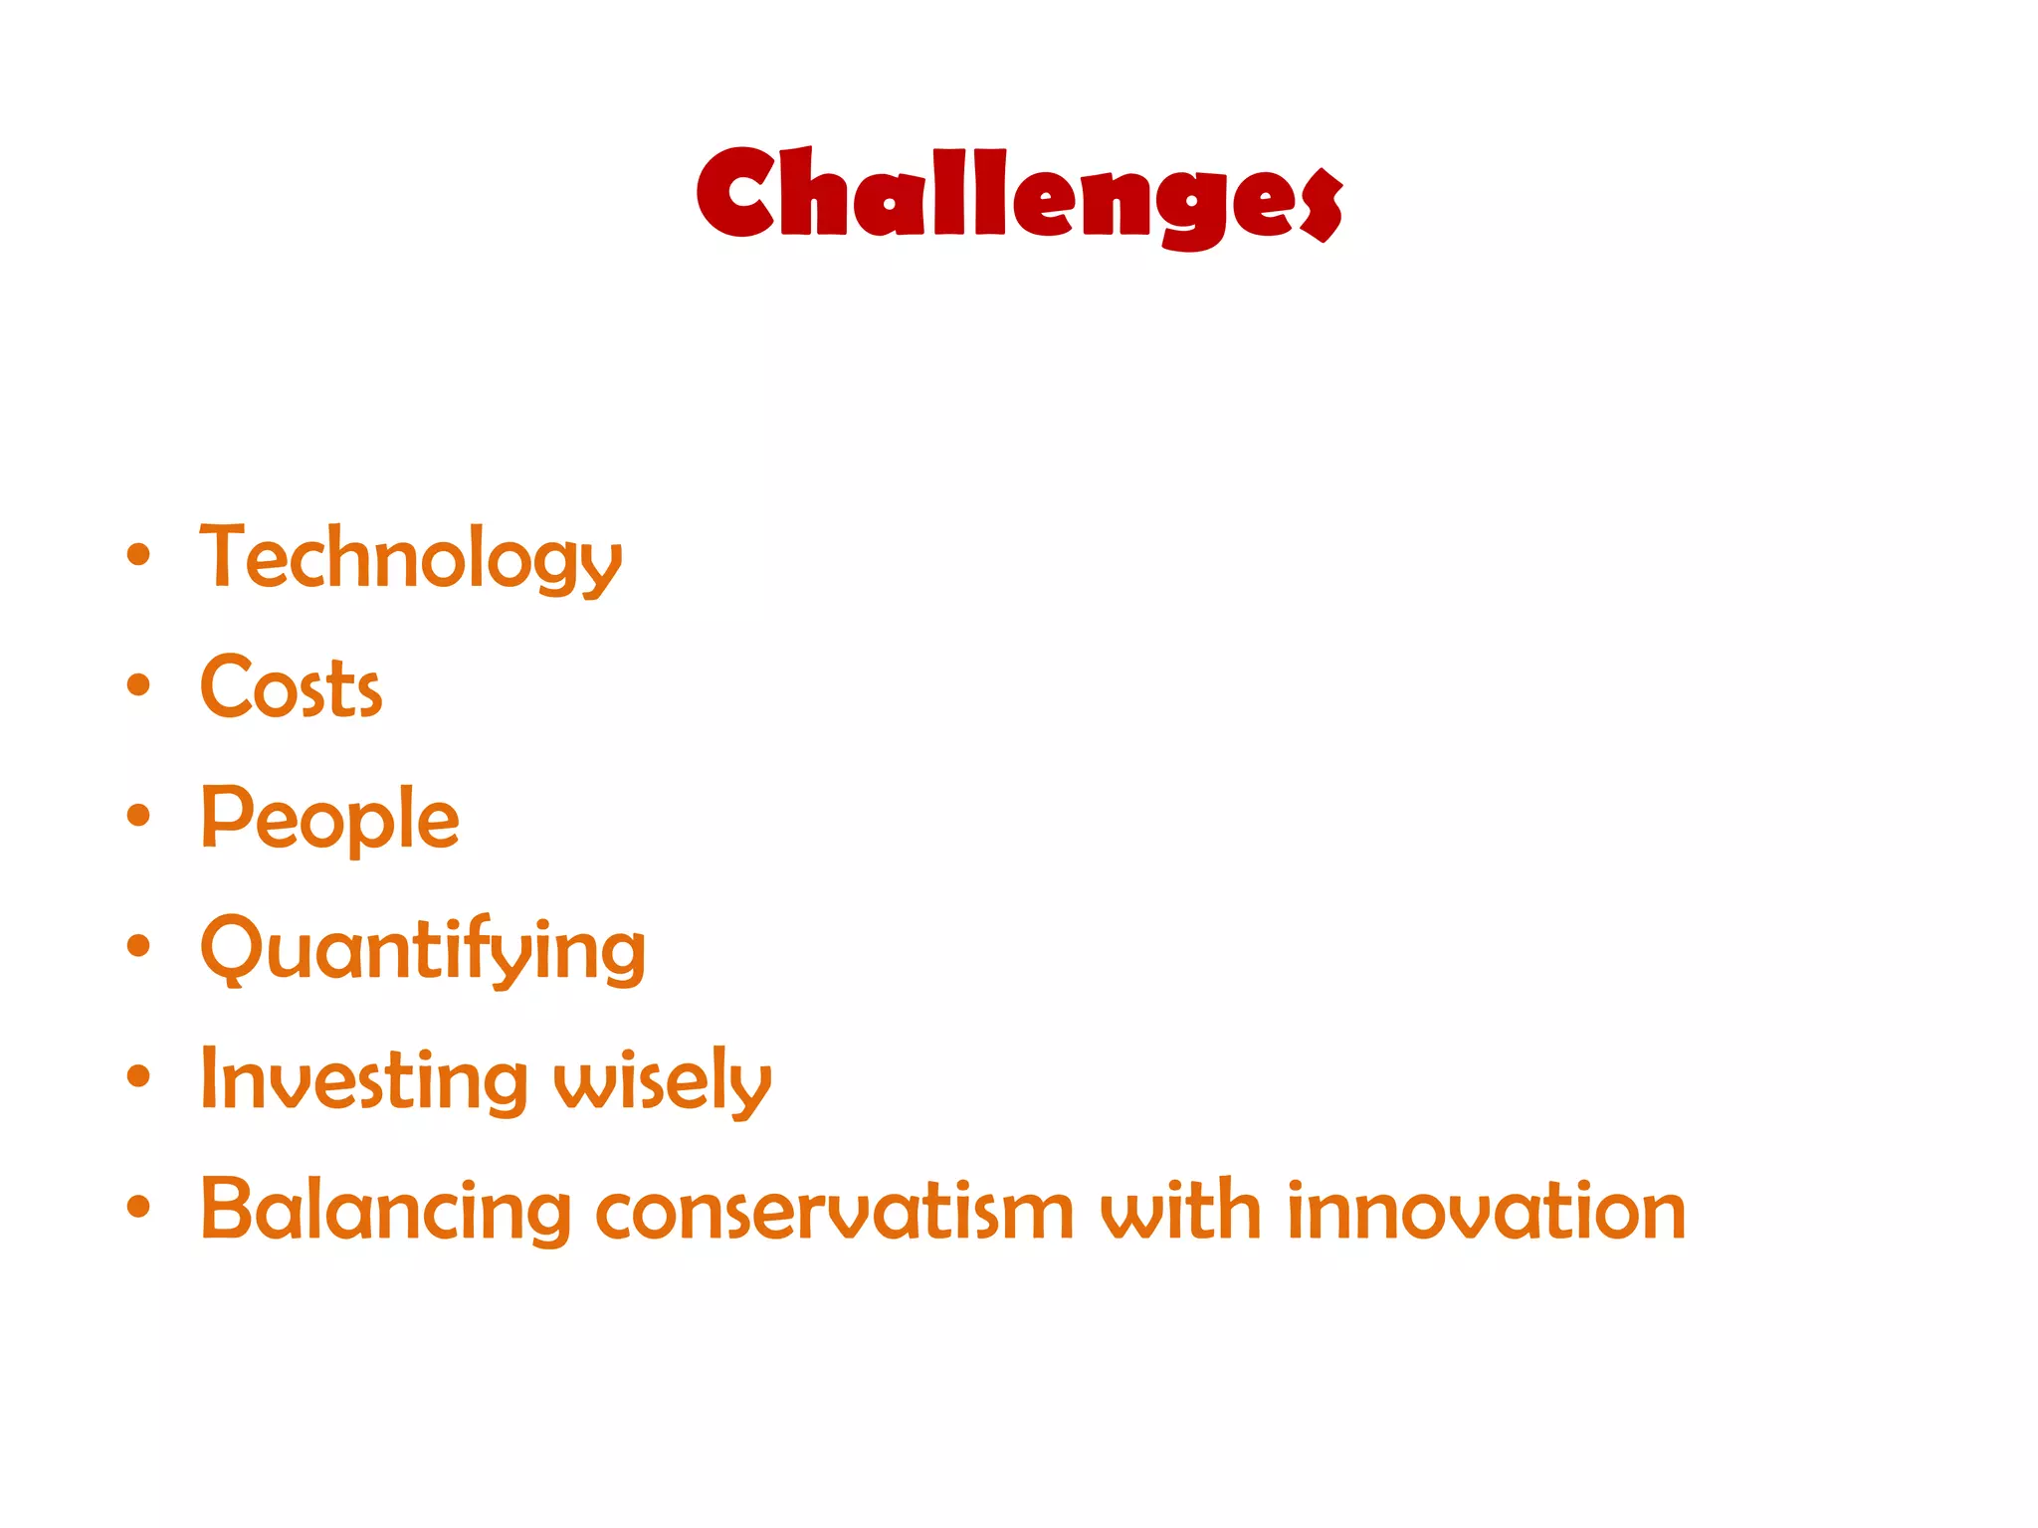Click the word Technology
(410, 559)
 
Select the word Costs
(291, 688)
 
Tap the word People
(329, 819)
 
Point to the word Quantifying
(423, 950)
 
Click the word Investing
(363, 1080)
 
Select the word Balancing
(385, 1211)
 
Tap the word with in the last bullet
(1180, 1211)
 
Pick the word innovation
(1486, 1211)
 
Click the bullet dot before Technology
(138, 555)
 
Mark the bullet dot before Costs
(138, 685)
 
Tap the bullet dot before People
(138, 816)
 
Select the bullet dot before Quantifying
(138, 946)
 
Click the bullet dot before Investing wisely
(138, 1076)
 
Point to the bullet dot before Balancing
(138, 1207)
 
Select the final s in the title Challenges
(1322, 205)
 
